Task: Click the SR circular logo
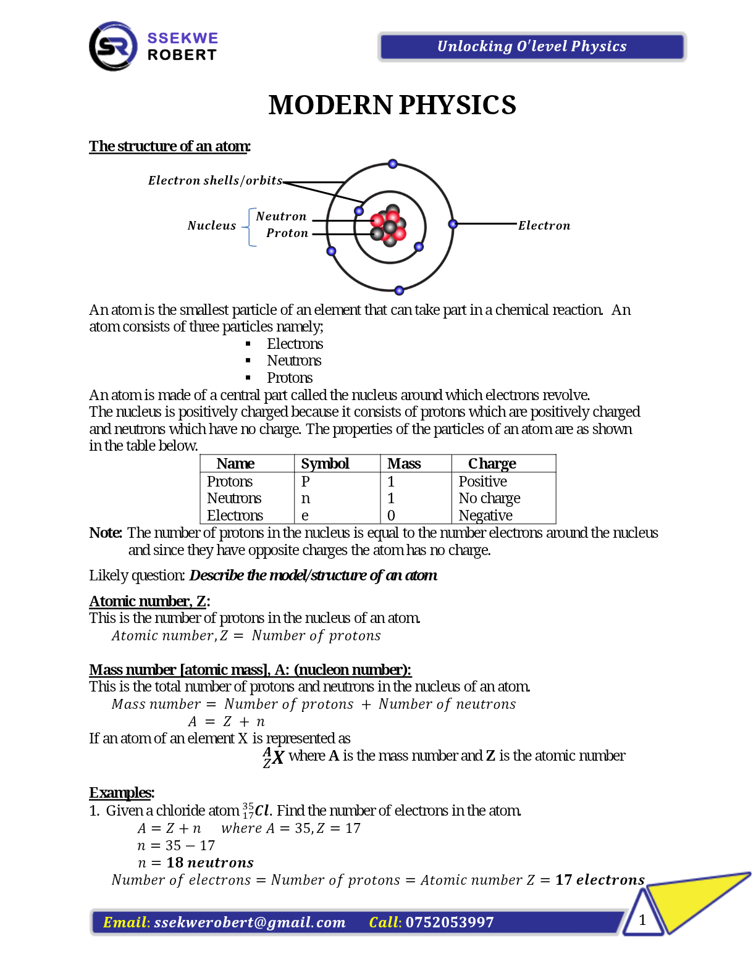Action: [x=113, y=46]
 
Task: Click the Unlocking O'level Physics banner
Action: [x=531, y=47]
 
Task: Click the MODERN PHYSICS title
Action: [x=392, y=105]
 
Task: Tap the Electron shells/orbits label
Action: [x=215, y=180]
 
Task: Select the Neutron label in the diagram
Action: [x=281, y=217]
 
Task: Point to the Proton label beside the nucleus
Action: [x=287, y=233]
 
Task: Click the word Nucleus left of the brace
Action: [x=212, y=226]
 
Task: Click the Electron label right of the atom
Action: [x=544, y=226]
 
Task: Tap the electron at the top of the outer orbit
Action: [x=393, y=164]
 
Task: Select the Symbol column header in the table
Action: [x=325, y=464]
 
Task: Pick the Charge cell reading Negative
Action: [x=485, y=516]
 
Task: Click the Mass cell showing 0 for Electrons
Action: [x=391, y=516]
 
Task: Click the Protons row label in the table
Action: [x=230, y=482]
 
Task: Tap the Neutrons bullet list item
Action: [x=294, y=361]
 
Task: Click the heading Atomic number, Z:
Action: [x=149, y=601]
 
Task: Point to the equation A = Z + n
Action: [x=227, y=722]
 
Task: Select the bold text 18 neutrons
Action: [x=210, y=863]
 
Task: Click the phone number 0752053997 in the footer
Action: [x=450, y=922]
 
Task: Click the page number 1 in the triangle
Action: [x=642, y=920]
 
